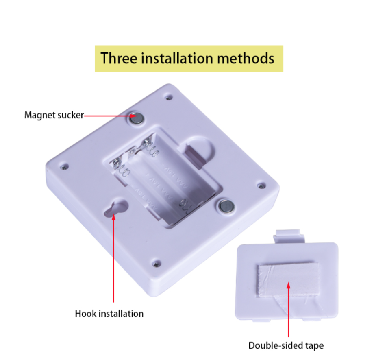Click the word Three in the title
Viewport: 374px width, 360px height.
119,58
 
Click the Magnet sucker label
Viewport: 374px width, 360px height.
54,115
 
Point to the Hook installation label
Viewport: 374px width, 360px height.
109,314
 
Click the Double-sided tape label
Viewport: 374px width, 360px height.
286,345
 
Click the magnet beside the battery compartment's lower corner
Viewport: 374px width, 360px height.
226,206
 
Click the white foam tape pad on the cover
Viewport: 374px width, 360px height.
289,280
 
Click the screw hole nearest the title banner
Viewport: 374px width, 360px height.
169,97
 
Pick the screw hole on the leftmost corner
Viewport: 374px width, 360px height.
64,167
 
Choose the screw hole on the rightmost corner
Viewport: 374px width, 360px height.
261,185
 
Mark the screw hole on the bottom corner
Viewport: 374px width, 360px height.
156,264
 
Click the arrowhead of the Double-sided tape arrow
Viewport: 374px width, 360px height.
288,285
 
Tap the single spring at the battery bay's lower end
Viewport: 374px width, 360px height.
185,205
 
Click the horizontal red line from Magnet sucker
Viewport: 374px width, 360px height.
108,116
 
